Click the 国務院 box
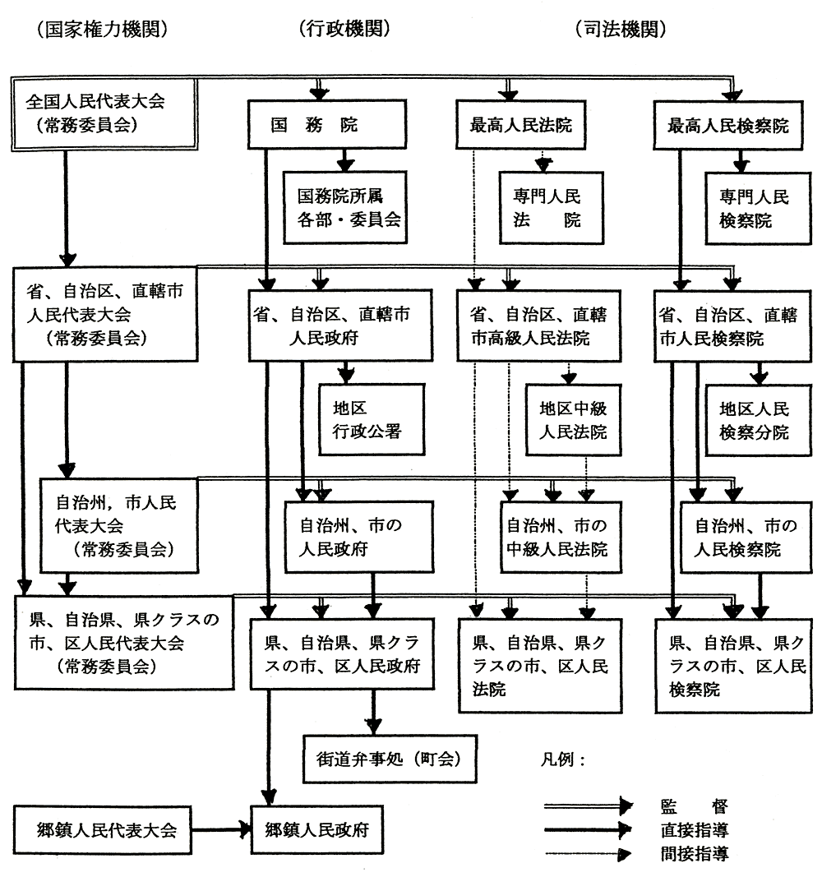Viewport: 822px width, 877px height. coord(327,124)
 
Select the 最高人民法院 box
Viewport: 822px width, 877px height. coord(520,125)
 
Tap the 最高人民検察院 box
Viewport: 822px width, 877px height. coord(728,125)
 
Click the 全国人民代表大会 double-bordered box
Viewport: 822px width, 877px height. coord(104,114)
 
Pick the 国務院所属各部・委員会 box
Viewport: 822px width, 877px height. coord(345,207)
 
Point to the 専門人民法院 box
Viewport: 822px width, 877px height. coord(552,208)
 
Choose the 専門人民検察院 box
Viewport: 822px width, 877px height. coord(758,209)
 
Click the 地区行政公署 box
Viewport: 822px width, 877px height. coord(372,419)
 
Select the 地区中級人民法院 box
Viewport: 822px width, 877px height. coord(573,420)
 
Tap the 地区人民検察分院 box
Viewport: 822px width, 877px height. coord(758,421)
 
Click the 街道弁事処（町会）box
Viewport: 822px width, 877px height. coord(390,759)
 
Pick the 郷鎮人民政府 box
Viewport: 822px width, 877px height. coord(317,830)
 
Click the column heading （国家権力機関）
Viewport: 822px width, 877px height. coord(103,29)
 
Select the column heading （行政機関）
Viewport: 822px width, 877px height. coord(344,28)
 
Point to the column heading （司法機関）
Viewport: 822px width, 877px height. coord(621,29)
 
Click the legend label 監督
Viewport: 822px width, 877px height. coord(695,806)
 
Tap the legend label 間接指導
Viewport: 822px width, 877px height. coord(695,854)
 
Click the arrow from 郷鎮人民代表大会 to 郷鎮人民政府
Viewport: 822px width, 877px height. coord(221,829)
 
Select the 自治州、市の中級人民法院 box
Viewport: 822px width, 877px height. coord(561,538)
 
